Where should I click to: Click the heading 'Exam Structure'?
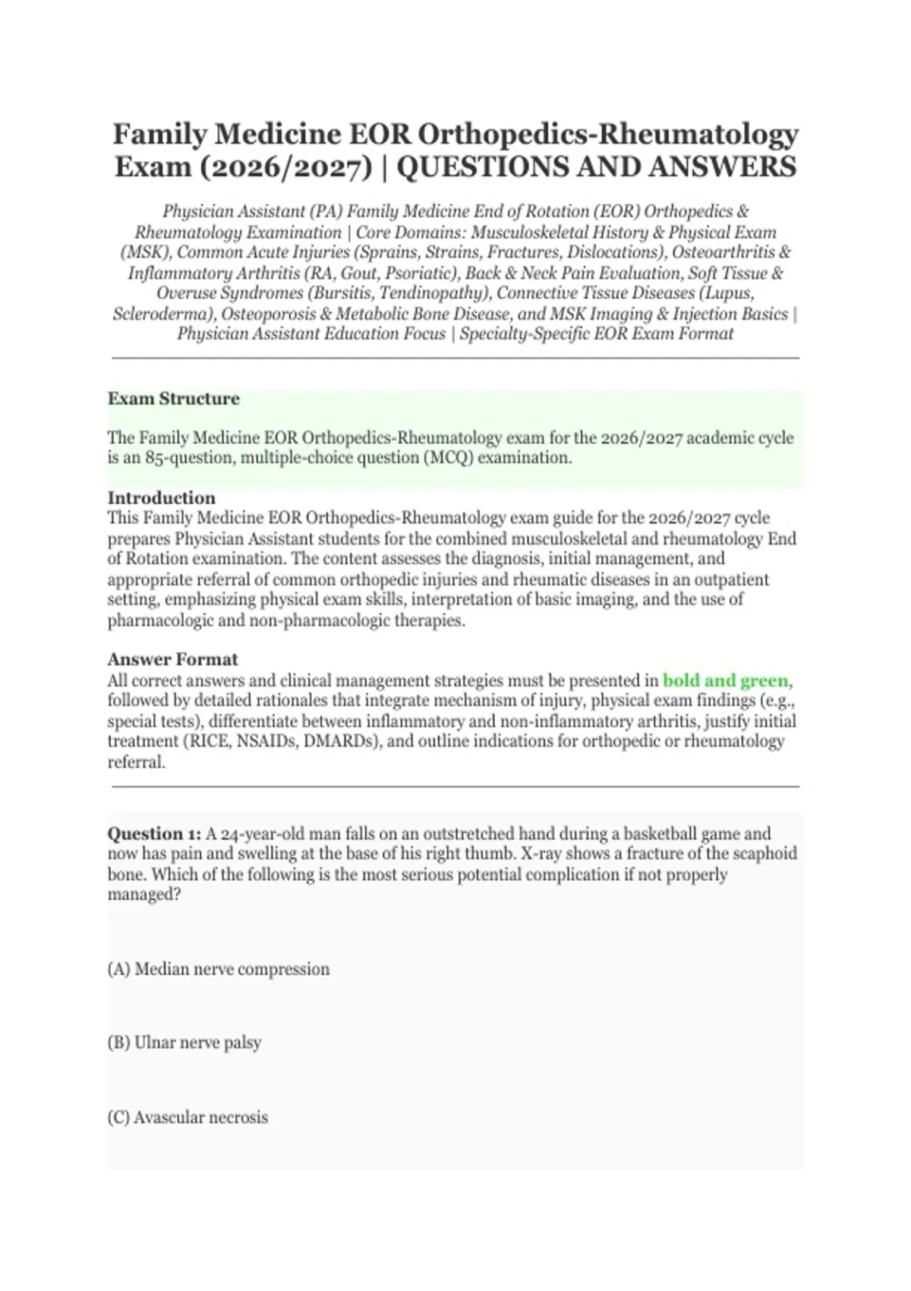click(x=173, y=399)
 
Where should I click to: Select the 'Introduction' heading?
click(x=161, y=498)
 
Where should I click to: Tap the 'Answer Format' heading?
click(x=172, y=659)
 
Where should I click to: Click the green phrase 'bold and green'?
click(x=725, y=680)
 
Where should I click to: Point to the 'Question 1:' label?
click(x=154, y=834)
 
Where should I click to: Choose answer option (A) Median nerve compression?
click(x=219, y=969)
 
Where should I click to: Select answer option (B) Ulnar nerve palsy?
click(x=184, y=1043)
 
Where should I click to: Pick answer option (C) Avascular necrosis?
click(x=188, y=1117)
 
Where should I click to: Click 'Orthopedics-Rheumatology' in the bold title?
click(x=608, y=134)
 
